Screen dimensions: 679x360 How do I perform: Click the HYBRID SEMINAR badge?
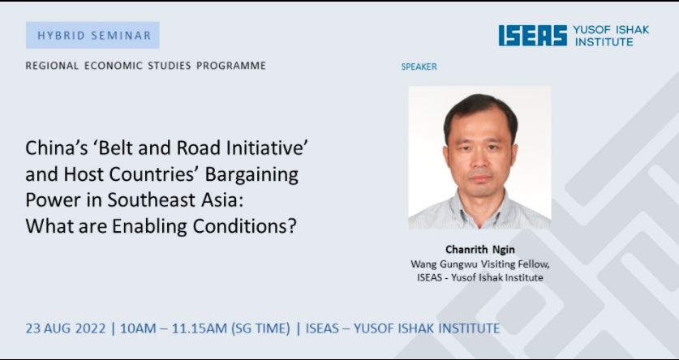pyautogui.click(x=92, y=35)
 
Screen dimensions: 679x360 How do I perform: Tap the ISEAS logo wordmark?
pyautogui.click(x=533, y=36)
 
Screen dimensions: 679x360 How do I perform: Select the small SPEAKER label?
pyautogui.click(x=419, y=67)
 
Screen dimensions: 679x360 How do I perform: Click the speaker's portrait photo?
pyautogui.click(x=479, y=157)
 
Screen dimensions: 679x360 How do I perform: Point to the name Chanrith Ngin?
pyautogui.click(x=479, y=250)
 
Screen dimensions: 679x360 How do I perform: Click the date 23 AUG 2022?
pyautogui.click(x=66, y=328)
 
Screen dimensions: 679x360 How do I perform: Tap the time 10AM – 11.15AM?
pyautogui.click(x=174, y=328)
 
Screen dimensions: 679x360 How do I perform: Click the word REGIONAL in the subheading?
pyautogui.click(x=53, y=66)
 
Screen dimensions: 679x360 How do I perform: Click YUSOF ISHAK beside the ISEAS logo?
pyautogui.click(x=611, y=30)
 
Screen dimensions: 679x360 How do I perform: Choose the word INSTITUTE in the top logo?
pyautogui.click(x=604, y=42)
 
